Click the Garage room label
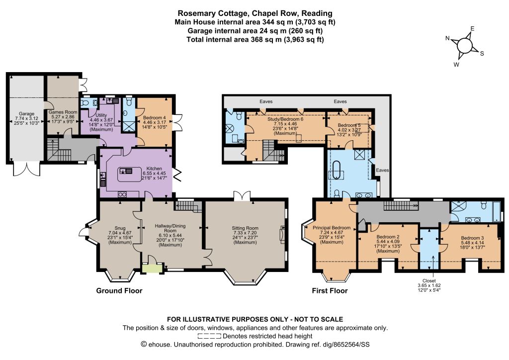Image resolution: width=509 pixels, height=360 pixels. (27, 114)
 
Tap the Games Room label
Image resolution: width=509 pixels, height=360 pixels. (63, 112)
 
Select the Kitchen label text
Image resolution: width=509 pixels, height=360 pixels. (154, 169)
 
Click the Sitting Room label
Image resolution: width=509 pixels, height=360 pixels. (245, 228)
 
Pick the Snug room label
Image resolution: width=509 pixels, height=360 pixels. (120, 228)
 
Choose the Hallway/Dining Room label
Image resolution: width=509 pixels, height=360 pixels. (170, 228)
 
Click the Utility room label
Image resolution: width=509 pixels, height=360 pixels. (101, 115)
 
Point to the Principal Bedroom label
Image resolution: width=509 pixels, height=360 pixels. (332, 228)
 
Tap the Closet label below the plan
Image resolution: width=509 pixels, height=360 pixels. (429, 281)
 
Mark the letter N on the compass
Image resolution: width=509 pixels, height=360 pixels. (447, 38)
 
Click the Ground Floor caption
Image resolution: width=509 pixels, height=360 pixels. (119, 290)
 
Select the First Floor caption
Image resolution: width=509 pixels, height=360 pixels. (330, 290)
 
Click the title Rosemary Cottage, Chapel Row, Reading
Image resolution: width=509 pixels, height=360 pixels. (255, 13)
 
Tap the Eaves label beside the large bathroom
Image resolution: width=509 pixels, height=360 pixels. (382, 170)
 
